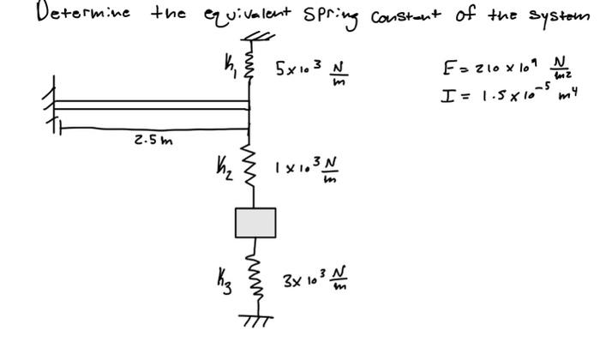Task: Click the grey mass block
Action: click(255, 223)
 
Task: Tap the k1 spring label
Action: click(226, 61)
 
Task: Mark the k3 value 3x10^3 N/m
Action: click(314, 280)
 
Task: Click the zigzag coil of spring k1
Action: click(251, 63)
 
